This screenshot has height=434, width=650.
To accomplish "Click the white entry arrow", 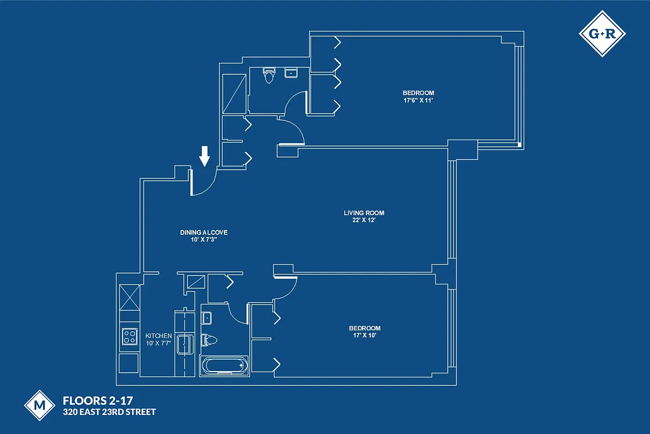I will click(x=204, y=156).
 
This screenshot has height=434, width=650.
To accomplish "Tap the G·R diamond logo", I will click(x=602, y=34).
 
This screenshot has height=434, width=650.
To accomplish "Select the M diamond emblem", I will click(x=40, y=405).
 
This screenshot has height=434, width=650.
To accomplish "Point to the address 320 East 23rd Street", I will click(x=110, y=412).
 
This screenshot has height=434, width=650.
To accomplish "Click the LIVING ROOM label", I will click(x=364, y=213).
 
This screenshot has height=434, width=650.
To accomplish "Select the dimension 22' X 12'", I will click(x=364, y=220).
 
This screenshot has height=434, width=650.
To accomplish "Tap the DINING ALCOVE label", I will click(x=204, y=232).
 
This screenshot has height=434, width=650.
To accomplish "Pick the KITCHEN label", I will click(x=159, y=336).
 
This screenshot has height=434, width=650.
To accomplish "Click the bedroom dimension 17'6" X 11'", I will click(x=418, y=100).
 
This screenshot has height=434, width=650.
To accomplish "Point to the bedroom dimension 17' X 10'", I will click(x=364, y=335).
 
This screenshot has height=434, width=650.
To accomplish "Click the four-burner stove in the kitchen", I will click(x=129, y=336).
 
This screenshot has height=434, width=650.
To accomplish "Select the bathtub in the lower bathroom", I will click(x=224, y=366).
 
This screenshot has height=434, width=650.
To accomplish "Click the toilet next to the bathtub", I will click(x=209, y=341).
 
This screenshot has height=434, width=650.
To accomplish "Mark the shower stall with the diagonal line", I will click(x=234, y=93).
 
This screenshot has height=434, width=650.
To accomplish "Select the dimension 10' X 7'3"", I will click(x=204, y=239).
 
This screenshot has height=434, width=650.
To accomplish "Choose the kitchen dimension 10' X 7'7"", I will click(x=159, y=343).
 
